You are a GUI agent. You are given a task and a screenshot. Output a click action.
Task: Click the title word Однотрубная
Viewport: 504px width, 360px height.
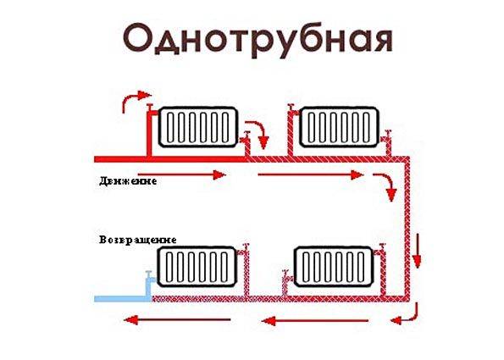click(x=258, y=40)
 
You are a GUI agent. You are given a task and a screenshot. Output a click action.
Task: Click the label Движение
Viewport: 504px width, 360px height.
click(x=128, y=181)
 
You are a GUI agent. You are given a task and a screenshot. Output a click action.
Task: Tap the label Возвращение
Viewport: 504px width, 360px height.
click(x=138, y=240)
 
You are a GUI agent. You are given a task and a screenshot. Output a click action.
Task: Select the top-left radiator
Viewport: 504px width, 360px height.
click(x=198, y=127)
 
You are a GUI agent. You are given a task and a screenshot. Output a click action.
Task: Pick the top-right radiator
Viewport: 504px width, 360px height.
click(x=339, y=127)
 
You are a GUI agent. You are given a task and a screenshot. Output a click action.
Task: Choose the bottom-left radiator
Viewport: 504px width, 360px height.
click(x=197, y=267)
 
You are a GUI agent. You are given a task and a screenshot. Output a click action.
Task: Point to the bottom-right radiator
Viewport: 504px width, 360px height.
click(x=334, y=267)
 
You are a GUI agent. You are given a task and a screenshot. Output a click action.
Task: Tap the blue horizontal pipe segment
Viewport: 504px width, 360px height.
click(x=123, y=299)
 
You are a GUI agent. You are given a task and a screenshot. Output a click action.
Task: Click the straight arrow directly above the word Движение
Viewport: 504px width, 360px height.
click(x=181, y=174)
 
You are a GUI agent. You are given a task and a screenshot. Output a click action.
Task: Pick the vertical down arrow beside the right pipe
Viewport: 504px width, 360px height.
click(x=417, y=251)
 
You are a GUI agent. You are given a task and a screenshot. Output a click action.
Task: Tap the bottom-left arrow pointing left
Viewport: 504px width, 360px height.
click(x=177, y=320)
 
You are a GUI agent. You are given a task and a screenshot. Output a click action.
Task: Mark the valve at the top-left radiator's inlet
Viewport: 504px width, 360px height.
click(x=151, y=108)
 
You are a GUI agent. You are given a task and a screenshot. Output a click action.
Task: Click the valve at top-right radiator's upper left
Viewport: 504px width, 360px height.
click(x=291, y=109)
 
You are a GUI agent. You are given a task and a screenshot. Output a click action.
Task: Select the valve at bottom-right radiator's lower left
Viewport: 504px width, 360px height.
click(x=285, y=276)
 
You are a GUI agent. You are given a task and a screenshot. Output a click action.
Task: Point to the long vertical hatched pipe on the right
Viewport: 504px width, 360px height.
click(x=407, y=229)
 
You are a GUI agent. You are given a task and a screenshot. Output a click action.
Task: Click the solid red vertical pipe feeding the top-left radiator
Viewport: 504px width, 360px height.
click(x=149, y=135)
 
